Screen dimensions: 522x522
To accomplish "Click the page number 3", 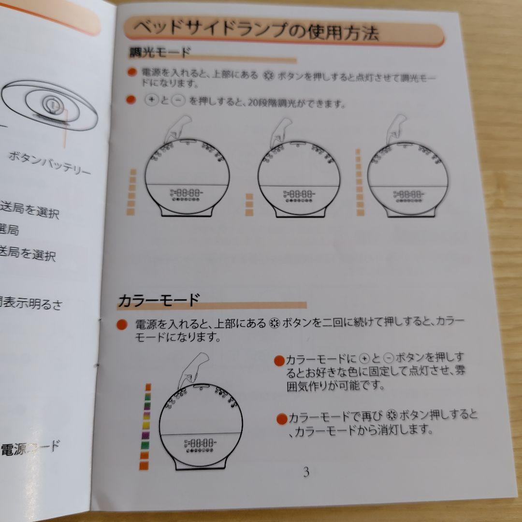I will tap(305, 471).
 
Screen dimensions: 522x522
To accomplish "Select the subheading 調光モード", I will tap(160, 52).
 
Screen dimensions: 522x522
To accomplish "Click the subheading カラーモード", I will tap(159, 300).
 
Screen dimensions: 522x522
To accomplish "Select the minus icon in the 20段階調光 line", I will tap(178, 101).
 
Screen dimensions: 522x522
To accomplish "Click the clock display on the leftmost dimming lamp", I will tap(187, 193).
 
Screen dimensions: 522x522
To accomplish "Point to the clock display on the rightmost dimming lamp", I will tap(408, 194).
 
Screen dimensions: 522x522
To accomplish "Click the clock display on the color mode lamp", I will tap(200, 443).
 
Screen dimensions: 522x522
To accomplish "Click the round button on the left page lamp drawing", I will tap(51, 103).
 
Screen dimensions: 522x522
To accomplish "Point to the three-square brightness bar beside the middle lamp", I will tap(249, 204).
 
